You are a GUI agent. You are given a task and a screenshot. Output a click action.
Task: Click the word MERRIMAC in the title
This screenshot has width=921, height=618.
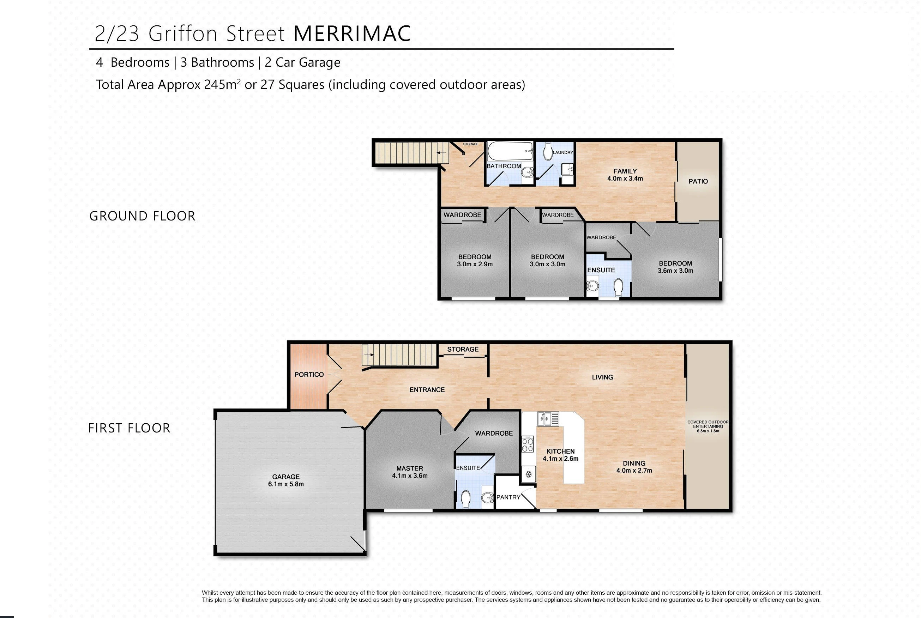tap(352, 34)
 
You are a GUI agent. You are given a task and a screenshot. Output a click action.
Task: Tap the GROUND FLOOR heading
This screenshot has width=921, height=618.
tap(142, 216)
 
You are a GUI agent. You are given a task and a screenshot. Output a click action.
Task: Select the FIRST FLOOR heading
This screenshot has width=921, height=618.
tap(129, 428)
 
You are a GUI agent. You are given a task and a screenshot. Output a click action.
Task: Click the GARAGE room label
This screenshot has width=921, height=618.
tap(286, 477)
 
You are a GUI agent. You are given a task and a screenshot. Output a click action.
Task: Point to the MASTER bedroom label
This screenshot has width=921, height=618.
tap(410, 468)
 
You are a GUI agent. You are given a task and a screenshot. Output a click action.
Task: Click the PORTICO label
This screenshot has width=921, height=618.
tap(309, 374)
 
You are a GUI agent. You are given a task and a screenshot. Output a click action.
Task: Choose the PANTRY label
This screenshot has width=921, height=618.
tap(508, 497)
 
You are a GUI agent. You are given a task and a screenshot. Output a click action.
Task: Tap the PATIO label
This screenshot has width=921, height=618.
tap(698, 181)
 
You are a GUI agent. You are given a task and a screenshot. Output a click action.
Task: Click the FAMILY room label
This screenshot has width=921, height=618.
tap(625, 171)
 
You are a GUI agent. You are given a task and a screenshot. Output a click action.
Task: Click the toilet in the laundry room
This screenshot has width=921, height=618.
tap(548, 151)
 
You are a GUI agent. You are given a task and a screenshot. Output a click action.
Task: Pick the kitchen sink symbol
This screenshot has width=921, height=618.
tap(548, 419)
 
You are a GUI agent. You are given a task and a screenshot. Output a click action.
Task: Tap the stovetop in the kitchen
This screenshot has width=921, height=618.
tap(528, 444)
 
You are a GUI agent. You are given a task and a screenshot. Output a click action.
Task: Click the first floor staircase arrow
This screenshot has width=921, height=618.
tap(369, 355)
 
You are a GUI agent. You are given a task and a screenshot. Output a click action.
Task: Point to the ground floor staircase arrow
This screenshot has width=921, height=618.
tap(442, 152)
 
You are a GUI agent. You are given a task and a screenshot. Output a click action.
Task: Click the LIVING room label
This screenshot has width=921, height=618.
tap(602, 377)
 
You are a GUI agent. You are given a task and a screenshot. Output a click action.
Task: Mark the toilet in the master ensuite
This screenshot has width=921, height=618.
tap(466, 499)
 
